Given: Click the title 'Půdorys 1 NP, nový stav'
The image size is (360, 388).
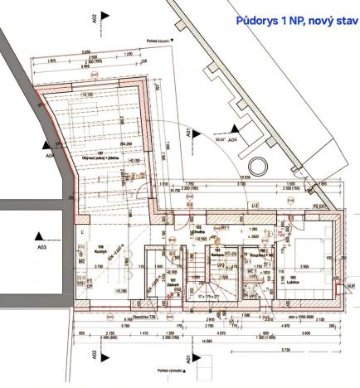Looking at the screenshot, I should coord(295,21).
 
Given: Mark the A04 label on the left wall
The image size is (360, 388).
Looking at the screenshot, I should coord(51,155).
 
